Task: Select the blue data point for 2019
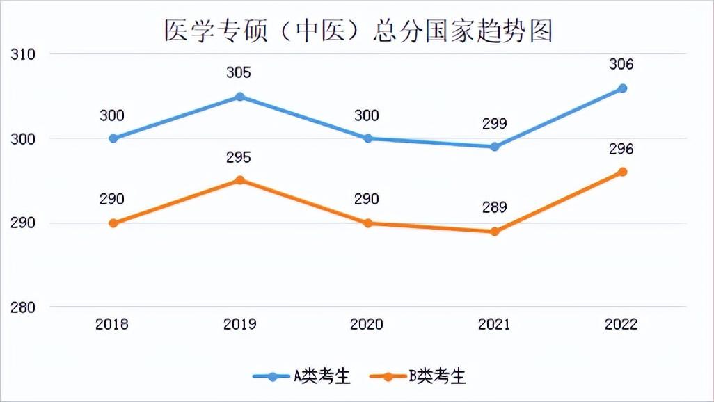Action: click(240, 97)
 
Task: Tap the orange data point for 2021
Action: click(495, 232)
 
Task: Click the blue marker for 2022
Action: click(623, 88)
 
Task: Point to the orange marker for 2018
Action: click(113, 223)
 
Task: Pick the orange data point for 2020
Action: click(368, 223)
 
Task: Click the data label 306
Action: click(621, 65)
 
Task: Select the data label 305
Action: click(239, 73)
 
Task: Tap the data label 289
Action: click(494, 207)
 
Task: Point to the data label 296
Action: click(621, 149)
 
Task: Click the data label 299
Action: click(494, 124)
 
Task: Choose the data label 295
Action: click(239, 157)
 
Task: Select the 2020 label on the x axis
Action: click(367, 324)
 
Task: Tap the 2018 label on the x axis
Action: click(112, 324)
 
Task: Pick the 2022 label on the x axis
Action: click(621, 324)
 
